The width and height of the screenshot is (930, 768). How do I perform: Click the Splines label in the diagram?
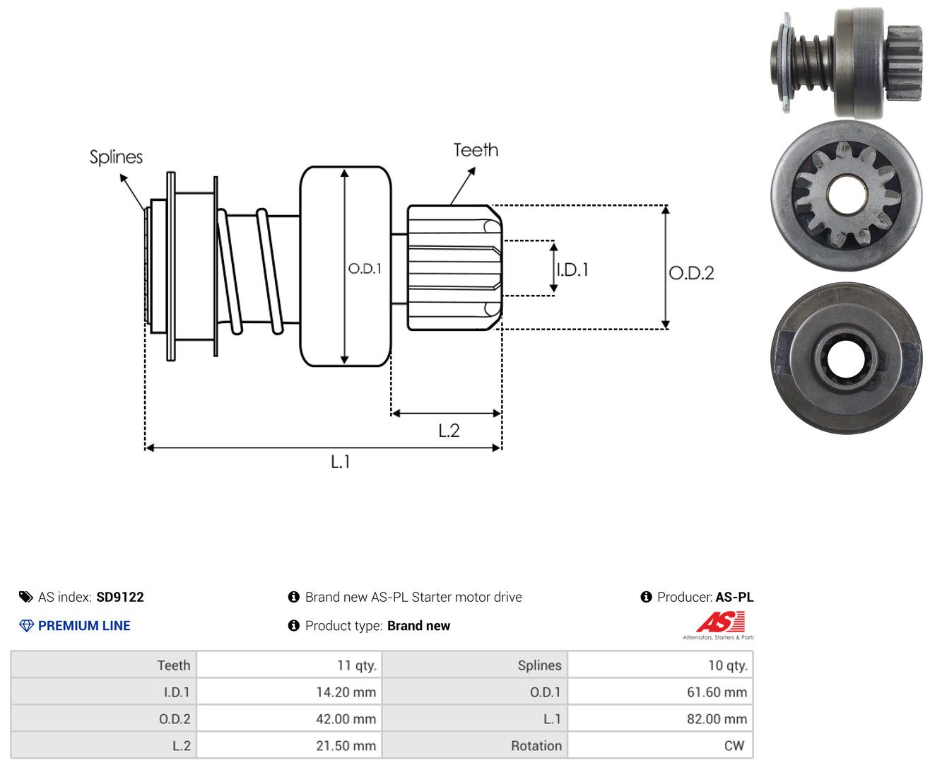pos(116,157)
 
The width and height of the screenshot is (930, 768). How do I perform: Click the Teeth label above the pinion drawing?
pos(475,150)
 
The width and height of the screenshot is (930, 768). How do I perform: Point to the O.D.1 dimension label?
pos(365,268)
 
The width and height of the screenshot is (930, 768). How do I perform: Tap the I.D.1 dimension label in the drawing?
pos(572,269)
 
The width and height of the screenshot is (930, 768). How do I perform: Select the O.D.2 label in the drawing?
pos(691,273)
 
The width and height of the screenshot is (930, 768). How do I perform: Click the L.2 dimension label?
pos(449,431)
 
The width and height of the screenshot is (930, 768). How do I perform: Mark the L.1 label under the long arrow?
pos(341,461)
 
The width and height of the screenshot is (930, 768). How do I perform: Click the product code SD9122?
pos(120,597)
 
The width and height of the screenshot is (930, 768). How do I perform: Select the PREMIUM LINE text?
pos(84,625)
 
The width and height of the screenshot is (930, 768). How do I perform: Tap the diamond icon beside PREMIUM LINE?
pos(26,625)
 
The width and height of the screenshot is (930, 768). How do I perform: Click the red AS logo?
pos(720,622)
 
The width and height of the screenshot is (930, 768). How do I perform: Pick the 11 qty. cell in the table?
pos(357,665)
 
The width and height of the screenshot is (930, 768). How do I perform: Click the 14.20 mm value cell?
pos(346,692)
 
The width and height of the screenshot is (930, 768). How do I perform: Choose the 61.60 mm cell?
pos(717,692)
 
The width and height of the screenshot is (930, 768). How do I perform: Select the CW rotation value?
pos(734,745)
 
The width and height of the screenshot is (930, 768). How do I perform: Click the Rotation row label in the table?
pos(536,745)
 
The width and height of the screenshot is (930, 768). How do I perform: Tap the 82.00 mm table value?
pos(717,718)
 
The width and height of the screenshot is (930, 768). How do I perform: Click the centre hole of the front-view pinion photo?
pos(846,194)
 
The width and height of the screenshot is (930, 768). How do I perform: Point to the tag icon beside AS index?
pos(26,597)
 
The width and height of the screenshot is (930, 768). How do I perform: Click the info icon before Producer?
pos(646,597)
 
